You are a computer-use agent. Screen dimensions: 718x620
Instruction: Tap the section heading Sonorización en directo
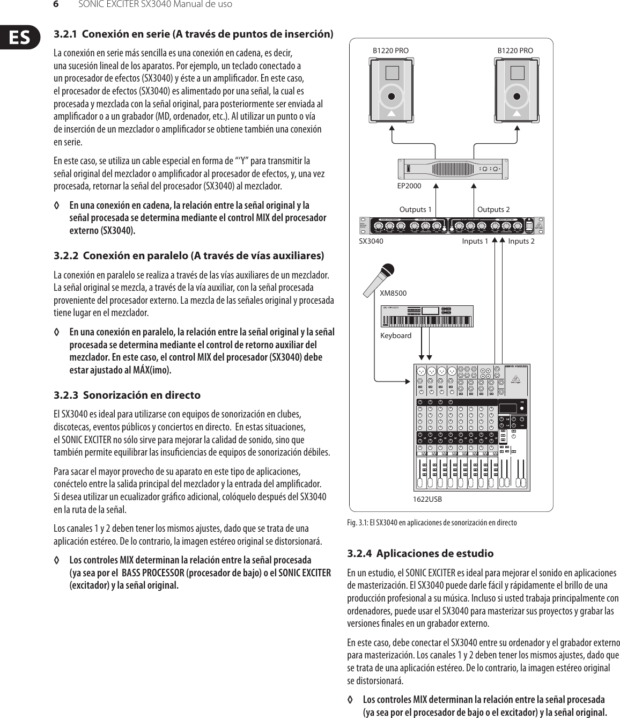pos(142,395)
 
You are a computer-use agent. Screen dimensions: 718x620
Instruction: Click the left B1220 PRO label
pos(390,50)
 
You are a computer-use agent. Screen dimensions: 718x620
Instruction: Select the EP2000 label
pos(409,186)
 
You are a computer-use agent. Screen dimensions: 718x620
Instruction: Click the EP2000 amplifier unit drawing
pos(453,168)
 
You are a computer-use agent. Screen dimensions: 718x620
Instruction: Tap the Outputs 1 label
pos(416,209)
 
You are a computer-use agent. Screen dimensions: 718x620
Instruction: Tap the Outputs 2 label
pos(493,209)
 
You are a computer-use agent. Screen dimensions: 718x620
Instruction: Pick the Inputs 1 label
pos(475,241)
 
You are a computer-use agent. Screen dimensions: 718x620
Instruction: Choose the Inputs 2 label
pos(521,241)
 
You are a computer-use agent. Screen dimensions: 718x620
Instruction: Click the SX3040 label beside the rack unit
pos(371,241)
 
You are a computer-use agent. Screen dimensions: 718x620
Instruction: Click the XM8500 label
pos(393,294)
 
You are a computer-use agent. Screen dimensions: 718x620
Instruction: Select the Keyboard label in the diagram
pos(396,335)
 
